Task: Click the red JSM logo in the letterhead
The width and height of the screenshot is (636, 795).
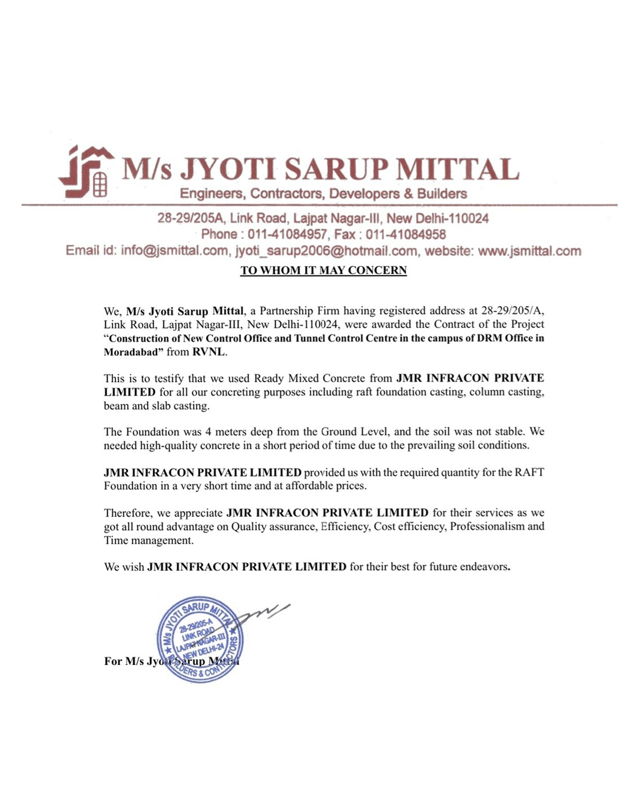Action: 87,171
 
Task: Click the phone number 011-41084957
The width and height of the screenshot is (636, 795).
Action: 287,234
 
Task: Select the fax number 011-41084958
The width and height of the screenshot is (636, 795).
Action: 406,234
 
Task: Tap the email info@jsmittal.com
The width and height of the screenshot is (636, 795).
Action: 174,251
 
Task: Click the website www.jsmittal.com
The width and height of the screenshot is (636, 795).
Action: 529,251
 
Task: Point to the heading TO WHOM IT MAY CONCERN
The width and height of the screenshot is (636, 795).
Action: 323,270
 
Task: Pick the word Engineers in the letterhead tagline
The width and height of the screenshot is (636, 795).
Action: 211,194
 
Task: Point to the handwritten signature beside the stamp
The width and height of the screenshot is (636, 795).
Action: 265,612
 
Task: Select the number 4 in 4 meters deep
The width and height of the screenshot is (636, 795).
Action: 208,432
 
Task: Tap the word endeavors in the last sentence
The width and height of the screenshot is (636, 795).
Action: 483,567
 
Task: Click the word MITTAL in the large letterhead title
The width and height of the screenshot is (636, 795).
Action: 458,170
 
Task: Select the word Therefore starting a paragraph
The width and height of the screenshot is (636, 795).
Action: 128,513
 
